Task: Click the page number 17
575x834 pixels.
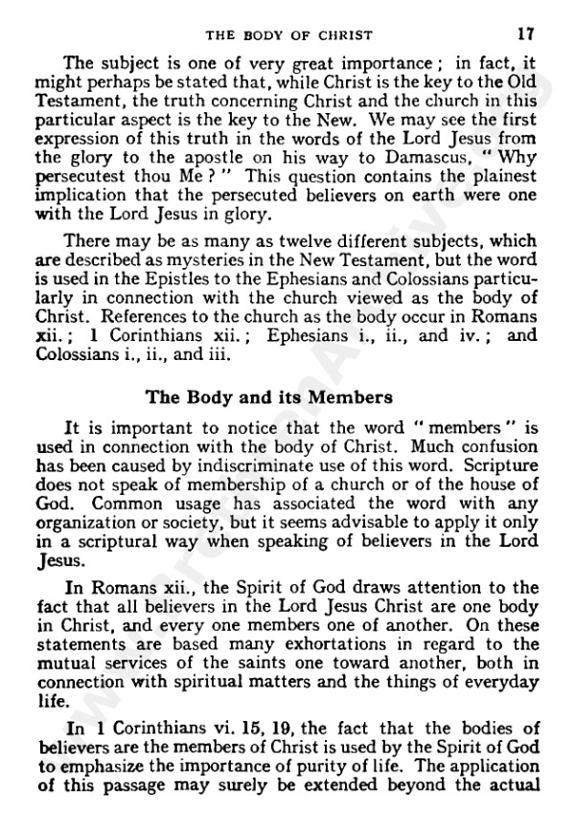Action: [525, 33]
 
